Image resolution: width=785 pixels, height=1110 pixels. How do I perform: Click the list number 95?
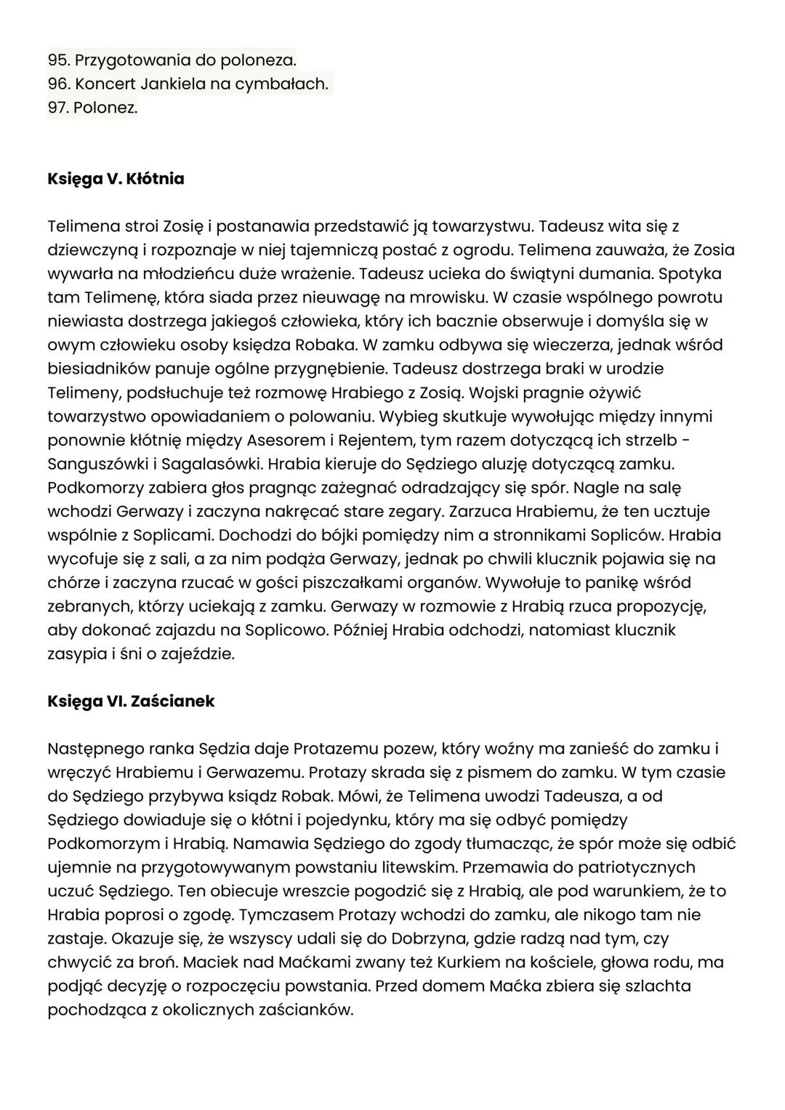(58, 60)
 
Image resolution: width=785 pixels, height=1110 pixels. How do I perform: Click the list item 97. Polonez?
(92, 108)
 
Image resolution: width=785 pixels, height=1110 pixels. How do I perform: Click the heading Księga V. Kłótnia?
(116, 179)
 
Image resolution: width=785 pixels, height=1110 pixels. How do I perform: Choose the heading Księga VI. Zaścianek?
(131, 701)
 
